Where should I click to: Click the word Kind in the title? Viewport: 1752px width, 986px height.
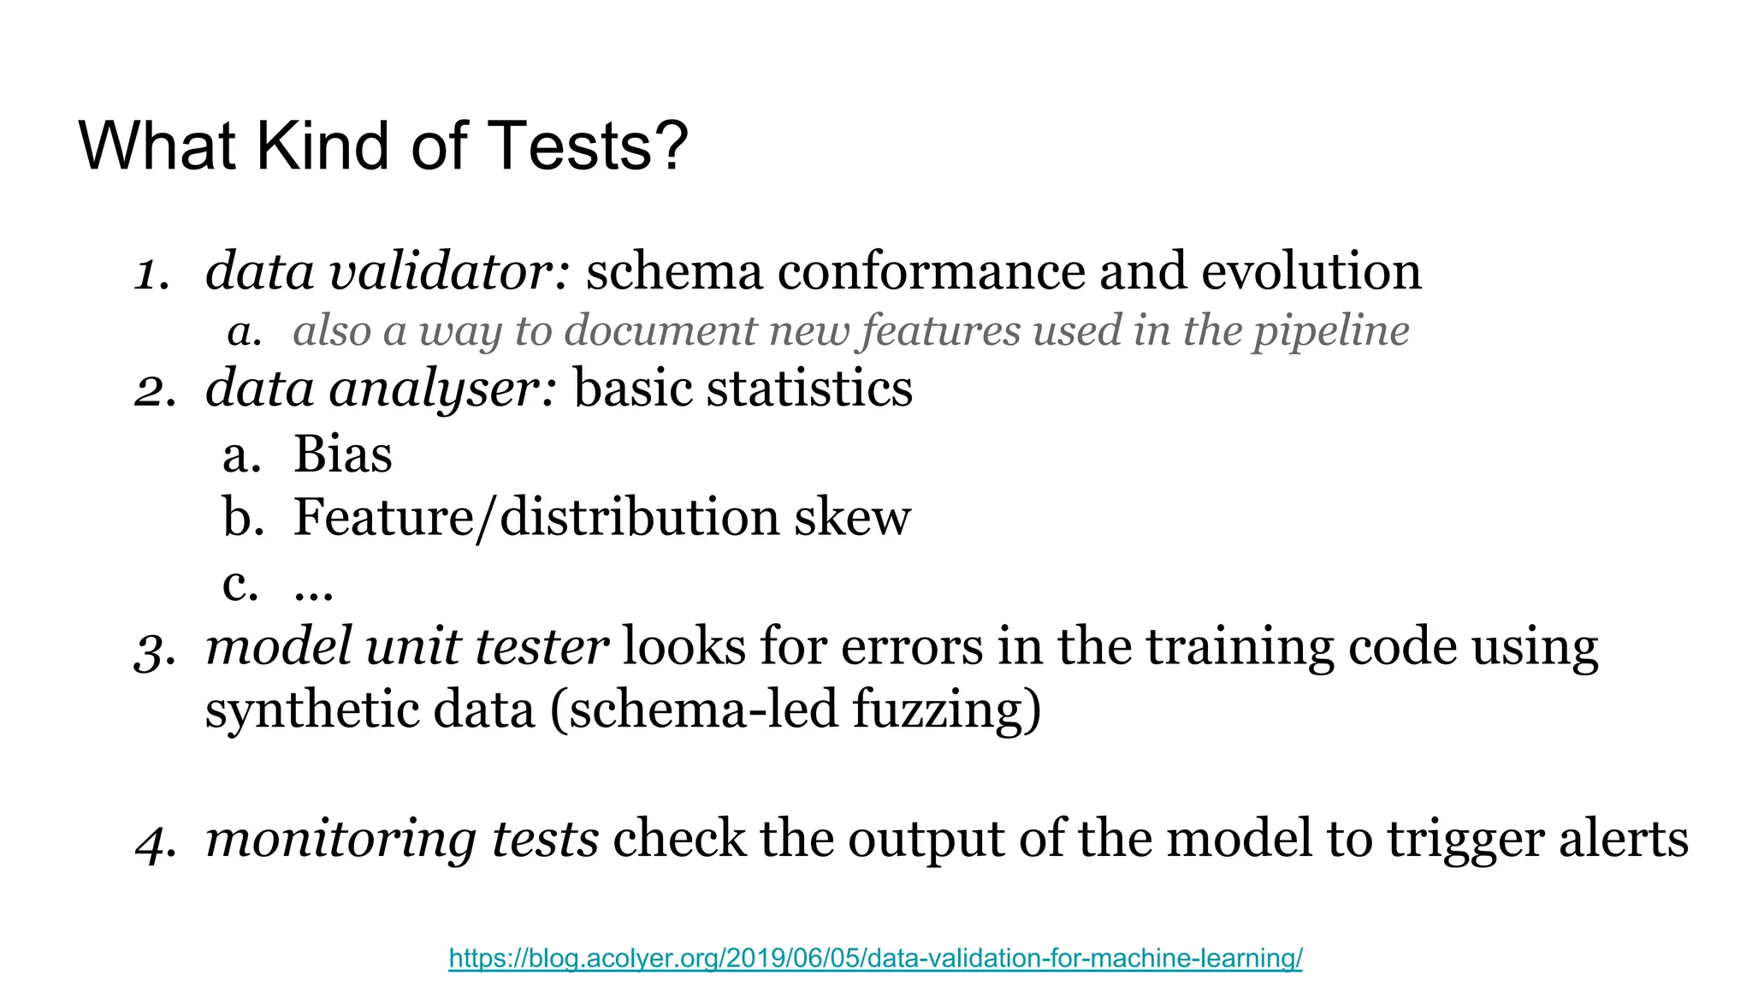325,146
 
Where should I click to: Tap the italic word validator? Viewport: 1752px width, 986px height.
450,272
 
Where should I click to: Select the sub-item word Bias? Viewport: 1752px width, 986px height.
343,454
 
